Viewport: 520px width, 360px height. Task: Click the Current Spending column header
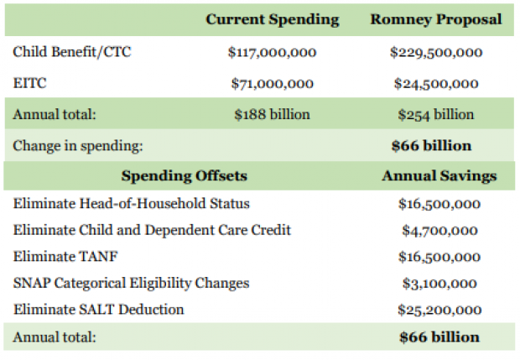(273, 19)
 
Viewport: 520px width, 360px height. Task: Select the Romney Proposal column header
(436, 19)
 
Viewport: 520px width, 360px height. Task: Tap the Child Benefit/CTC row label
(72, 52)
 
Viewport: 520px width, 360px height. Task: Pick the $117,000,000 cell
(272, 52)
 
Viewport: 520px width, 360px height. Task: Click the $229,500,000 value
(436, 52)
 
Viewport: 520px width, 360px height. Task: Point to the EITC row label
(29, 83)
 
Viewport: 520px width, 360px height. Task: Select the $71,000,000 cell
(272, 84)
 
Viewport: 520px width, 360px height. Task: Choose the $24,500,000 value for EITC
(436, 84)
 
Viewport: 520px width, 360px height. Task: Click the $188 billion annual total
(272, 114)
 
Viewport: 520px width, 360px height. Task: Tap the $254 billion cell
(436, 115)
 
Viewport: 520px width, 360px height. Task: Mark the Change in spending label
(78, 146)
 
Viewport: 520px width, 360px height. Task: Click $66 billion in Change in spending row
(431, 146)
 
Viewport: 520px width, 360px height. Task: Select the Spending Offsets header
(184, 175)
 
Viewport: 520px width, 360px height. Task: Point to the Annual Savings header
(439, 176)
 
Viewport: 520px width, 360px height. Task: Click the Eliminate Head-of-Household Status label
(132, 203)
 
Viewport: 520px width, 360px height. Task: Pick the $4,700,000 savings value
(439, 230)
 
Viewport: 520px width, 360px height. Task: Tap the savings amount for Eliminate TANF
(439, 257)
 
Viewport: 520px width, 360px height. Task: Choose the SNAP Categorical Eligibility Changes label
(132, 284)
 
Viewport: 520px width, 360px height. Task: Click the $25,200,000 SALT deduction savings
(439, 310)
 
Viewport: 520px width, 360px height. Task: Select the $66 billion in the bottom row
(439, 337)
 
